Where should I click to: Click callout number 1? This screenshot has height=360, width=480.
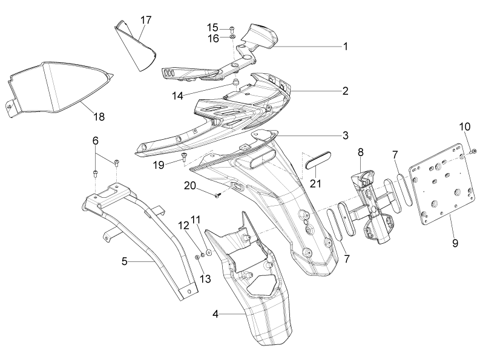coord(345,47)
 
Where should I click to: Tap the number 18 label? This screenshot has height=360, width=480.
coord(99,117)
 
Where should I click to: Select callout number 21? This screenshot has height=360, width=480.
coord(315,183)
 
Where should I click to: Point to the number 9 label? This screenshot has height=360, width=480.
coord(455,243)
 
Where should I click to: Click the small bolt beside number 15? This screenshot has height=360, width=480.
coord(231,29)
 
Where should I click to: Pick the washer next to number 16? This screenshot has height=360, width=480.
coord(232,37)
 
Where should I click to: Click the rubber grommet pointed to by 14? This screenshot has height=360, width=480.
coord(235,83)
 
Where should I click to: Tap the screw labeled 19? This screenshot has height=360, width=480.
coord(184,157)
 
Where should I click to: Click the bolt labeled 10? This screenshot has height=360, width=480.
coord(473,151)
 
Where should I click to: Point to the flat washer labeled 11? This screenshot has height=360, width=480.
coord(209,252)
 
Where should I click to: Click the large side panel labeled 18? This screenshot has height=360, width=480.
coord(55,89)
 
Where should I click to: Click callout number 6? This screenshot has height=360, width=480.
coord(96,141)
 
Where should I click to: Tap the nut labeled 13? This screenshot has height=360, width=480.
coord(198,258)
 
